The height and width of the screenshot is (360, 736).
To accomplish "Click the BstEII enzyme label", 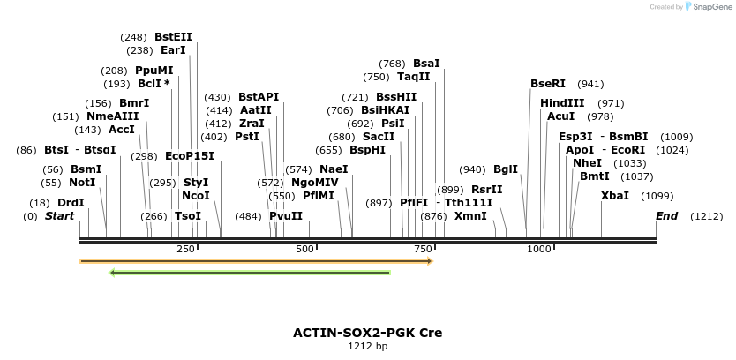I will coord(173,37).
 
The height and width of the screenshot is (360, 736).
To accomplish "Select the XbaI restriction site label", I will coord(615,196).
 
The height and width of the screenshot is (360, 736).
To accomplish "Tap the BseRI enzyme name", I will coord(547,84).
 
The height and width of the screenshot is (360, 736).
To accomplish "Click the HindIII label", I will coord(562,103).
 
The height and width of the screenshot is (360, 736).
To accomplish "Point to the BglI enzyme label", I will coord(506,169).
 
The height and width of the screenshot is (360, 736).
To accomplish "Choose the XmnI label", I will coord(470,215).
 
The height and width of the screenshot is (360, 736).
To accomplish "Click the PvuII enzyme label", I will coord(286,216).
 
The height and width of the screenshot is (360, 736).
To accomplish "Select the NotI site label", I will coord(82,183).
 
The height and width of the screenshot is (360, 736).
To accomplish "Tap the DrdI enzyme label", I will coord(71,203).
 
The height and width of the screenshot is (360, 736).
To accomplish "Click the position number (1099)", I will coord(657,196).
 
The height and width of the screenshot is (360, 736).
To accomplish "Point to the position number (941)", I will coord(590,84).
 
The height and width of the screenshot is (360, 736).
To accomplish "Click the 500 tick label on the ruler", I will coord(305,250).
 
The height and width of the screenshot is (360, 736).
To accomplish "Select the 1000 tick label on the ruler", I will coord(539,250).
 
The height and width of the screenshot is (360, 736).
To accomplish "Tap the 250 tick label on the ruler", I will coord(185,250).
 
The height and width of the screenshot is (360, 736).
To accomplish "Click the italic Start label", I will coord(59,216).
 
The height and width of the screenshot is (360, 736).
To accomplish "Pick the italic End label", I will coord(667,216).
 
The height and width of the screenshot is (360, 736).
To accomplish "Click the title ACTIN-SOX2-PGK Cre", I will coord(367,333).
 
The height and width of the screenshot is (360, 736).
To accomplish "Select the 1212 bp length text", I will coord(367,347).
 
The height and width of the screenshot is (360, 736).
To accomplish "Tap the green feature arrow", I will coord(250,273).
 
